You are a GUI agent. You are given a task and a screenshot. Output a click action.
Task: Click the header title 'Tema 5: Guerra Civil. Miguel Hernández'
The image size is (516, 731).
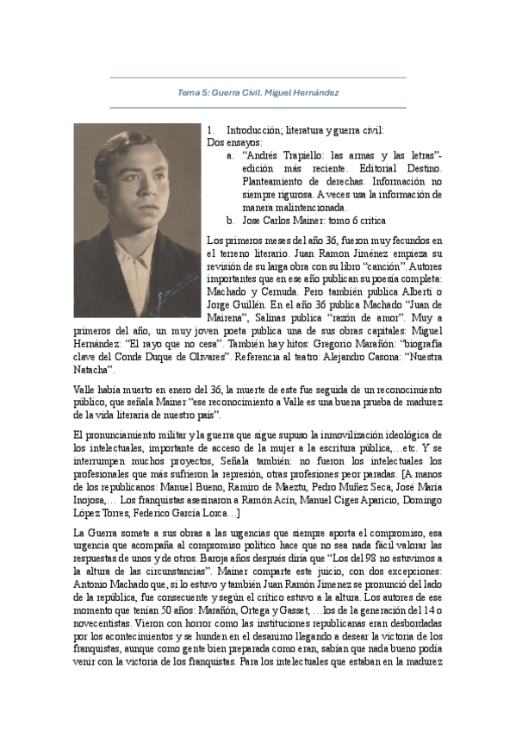(x=258, y=91)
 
